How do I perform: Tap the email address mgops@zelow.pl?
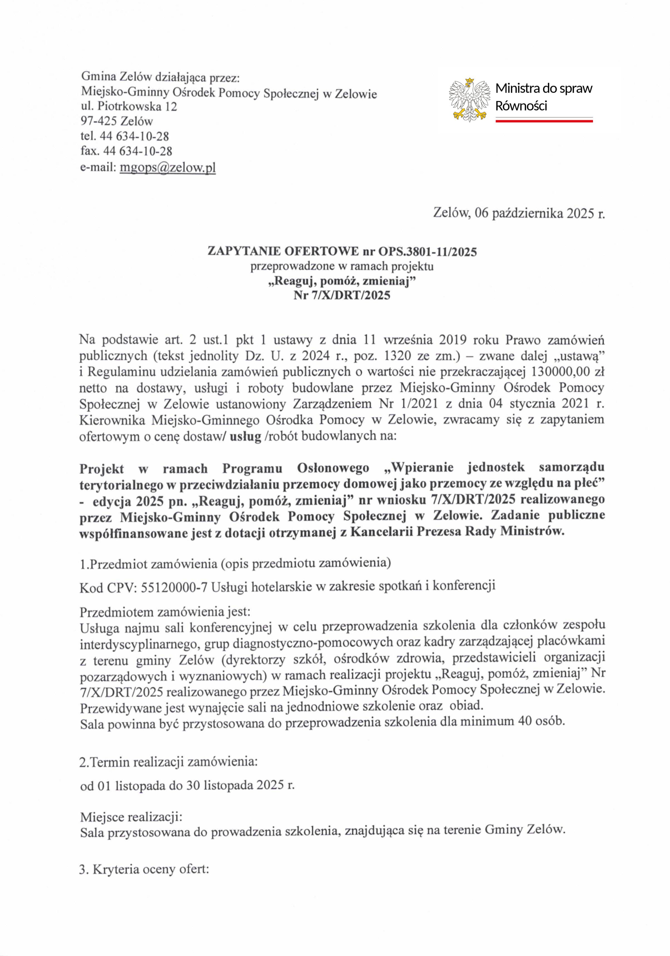coord(167,168)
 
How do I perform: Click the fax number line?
coord(126,151)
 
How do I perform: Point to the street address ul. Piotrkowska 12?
coord(129,107)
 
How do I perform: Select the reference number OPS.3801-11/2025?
coord(427,252)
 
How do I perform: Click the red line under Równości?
coord(544,121)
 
